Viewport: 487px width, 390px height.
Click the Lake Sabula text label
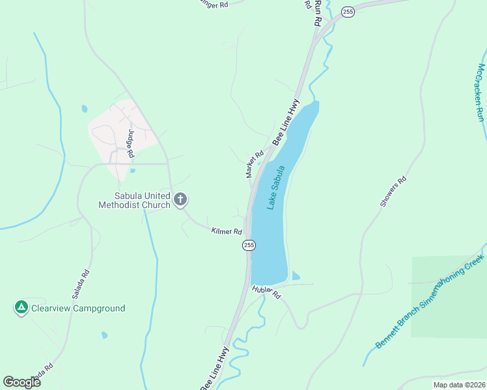(277, 187)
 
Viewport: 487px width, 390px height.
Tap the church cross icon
(180, 200)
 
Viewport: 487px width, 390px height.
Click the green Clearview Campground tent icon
(21, 307)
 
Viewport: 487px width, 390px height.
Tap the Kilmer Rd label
(227, 231)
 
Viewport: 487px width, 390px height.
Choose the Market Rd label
(254, 164)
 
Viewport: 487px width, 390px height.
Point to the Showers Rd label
(393, 192)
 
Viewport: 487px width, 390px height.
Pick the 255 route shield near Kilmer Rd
(249, 245)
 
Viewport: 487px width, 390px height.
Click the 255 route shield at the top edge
(348, 12)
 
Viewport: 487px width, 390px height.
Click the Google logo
(22, 382)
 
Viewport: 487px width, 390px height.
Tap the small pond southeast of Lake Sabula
(296, 276)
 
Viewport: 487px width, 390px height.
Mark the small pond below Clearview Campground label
(104, 335)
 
